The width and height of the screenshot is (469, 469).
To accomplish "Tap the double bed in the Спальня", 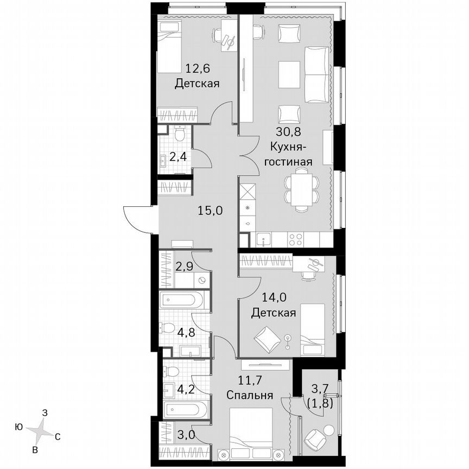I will click(252, 429).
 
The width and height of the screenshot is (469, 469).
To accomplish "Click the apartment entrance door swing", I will click(137, 217).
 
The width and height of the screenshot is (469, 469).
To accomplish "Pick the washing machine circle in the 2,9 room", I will click(202, 281).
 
